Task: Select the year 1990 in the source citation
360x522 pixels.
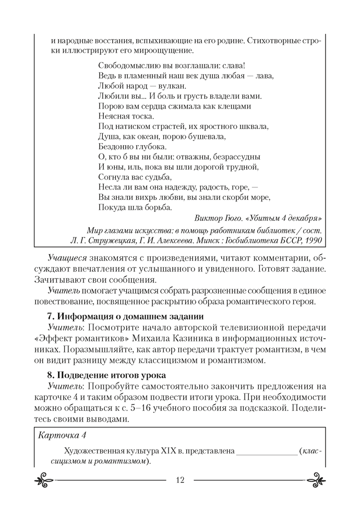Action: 311,240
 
